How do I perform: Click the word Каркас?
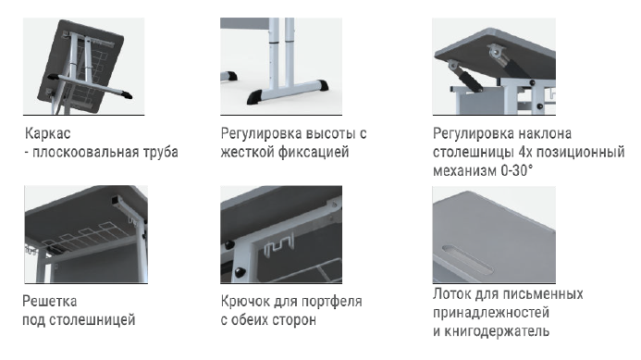click(48, 133)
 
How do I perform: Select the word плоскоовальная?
click(85, 152)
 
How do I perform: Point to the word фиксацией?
click(314, 152)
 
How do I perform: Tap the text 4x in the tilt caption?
click(524, 152)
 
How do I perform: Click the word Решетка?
click(49, 301)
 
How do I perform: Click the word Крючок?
click(245, 301)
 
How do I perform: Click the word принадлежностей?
click(491, 313)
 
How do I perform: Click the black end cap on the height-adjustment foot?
click(255, 96)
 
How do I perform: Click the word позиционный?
click(580, 152)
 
